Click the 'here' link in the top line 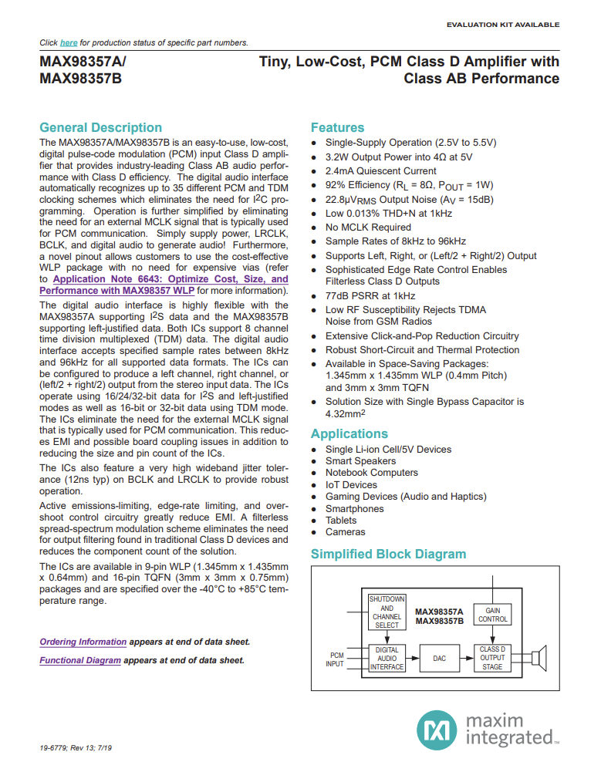69,42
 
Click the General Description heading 100,127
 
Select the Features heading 337,127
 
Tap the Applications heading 349,433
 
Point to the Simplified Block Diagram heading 388,554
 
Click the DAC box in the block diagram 439,658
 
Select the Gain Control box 493,614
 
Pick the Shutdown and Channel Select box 387,612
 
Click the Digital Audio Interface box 387,658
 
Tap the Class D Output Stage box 493,658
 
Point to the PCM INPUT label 335,659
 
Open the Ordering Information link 83,642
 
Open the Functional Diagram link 80,660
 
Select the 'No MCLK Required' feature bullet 368,227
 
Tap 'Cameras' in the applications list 345,532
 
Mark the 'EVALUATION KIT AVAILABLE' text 502,25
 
